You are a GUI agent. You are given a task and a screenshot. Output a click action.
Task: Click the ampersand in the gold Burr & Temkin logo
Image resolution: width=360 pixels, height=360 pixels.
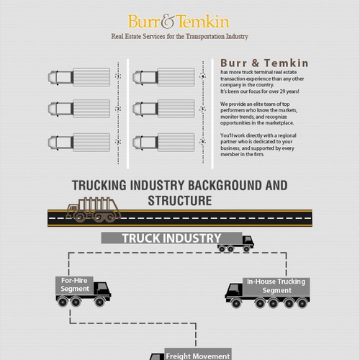point(169,22)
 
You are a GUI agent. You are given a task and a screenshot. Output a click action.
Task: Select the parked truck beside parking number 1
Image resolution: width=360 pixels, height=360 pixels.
point(79,77)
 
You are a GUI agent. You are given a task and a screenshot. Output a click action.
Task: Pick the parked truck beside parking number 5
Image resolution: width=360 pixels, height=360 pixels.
point(163,109)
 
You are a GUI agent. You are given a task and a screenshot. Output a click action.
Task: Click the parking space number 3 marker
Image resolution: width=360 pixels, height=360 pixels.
point(118,142)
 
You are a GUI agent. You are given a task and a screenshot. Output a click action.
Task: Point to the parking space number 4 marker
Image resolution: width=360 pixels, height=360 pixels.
point(203,76)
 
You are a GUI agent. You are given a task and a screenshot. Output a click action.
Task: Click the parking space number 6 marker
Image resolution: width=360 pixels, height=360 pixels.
point(203,142)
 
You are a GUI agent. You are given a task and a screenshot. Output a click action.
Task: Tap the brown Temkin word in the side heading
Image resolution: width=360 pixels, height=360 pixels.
point(287,63)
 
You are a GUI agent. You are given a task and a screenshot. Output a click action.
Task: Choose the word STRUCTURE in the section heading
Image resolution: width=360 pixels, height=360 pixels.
point(180,201)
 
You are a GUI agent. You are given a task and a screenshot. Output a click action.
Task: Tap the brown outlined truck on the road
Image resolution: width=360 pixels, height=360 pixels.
point(93,210)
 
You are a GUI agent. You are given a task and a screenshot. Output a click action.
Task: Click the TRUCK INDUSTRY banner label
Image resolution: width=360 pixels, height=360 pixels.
point(171,238)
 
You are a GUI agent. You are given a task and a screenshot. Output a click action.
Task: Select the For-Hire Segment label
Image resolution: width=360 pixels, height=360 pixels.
point(74,284)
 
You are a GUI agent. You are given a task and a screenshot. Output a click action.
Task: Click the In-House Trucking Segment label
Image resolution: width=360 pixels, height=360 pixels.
point(276,286)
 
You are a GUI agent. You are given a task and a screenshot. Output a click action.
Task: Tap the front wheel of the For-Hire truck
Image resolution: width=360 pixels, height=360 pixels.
point(99,302)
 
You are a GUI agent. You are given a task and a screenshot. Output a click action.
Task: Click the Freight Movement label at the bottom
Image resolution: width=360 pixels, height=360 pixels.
point(198,356)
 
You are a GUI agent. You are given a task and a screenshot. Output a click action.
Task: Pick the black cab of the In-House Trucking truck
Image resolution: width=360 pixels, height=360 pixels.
point(234,290)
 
